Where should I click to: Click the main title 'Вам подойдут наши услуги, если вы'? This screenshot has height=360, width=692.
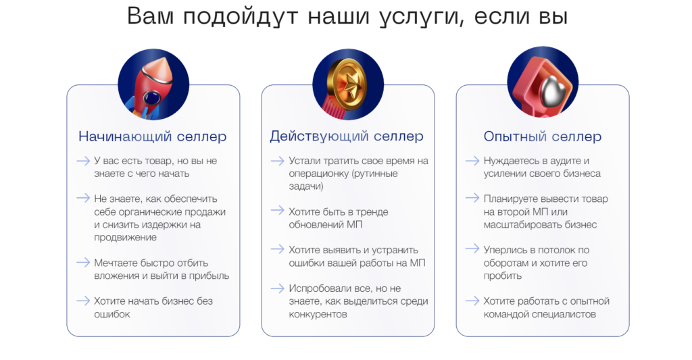(x=347, y=17)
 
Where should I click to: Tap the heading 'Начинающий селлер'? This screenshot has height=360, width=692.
(x=152, y=136)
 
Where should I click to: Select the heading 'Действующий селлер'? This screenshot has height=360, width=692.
(x=347, y=136)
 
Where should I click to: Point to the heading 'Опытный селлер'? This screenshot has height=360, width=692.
(x=543, y=136)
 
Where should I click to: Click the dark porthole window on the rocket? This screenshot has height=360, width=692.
(x=152, y=97)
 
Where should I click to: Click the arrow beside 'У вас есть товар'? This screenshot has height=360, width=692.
(x=83, y=161)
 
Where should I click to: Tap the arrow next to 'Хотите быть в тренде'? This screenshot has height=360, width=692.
(x=278, y=211)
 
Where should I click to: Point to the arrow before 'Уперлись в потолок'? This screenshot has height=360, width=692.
(x=472, y=249)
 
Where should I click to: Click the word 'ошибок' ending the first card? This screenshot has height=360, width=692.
(x=112, y=314)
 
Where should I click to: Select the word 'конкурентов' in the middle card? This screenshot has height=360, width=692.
(x=318, y=314)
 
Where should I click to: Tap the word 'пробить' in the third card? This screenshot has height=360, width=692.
(x=503, y=276)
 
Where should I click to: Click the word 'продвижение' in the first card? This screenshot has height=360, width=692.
(x=125, y=237)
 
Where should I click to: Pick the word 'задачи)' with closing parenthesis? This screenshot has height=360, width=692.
(x=306, y=186)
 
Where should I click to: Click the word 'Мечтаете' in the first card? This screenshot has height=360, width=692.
(x=115, y=263)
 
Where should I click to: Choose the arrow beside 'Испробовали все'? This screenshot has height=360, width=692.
(x=278, y=288)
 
